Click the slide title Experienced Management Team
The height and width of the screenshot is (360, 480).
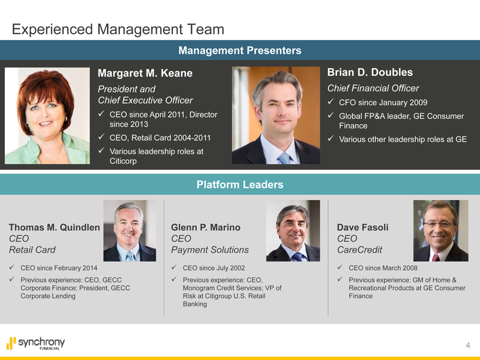118,29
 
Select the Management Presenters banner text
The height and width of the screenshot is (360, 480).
239,50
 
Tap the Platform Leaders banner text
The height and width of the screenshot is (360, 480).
239,184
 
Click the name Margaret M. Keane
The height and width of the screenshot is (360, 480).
145,73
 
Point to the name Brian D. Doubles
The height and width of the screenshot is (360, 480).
370,72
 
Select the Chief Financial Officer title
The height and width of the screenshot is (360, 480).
373,88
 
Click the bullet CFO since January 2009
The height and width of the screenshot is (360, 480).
383,102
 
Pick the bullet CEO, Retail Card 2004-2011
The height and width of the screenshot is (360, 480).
160,138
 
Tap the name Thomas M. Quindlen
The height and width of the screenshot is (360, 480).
54,227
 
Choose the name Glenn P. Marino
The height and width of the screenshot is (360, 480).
206,227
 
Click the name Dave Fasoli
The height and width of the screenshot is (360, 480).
362,227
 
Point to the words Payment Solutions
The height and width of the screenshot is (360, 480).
209,250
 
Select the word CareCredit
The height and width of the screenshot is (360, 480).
359,250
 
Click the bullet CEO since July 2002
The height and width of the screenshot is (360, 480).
214,268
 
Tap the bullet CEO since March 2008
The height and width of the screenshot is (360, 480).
383,268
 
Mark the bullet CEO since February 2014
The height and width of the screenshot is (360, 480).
59,268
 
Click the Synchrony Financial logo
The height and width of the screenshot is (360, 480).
35,343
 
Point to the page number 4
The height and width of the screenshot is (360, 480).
468,345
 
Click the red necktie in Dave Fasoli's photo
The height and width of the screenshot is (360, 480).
436,257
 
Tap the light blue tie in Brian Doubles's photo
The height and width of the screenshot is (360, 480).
284,158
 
